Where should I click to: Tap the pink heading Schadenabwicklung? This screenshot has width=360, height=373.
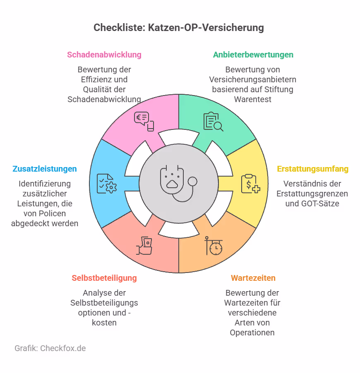[104, 55]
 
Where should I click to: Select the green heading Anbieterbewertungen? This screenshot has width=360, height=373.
[253, 55]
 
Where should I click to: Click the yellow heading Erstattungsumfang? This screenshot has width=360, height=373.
[312, 169]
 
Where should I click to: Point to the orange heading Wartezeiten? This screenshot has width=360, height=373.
[253, 277]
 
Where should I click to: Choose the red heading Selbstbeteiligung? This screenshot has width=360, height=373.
[104, 277]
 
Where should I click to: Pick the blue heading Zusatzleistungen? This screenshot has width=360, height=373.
[45, 169]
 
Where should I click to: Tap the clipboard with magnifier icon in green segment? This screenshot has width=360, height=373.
[213, 122]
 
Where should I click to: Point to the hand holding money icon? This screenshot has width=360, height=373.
[144, 246]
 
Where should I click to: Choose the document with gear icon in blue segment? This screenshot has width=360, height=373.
[106, 184]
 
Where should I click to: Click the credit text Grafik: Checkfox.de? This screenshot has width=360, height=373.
[50, 348]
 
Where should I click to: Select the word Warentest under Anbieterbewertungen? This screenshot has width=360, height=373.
[252, 99]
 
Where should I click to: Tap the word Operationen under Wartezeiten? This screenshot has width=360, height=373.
[252, 332]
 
